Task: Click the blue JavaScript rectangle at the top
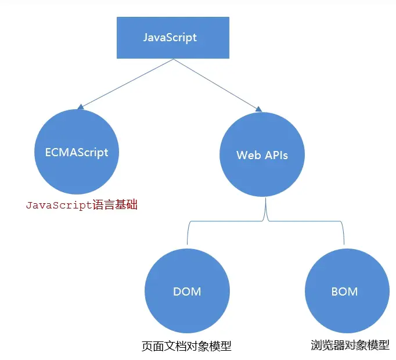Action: point(172,38)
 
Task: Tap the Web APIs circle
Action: point(262,156)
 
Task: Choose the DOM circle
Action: point(186,291)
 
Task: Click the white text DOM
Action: point(186,291)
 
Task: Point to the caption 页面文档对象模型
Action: point(186,346)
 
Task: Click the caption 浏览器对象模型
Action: point(350,345)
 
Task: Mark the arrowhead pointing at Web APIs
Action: point(258,107)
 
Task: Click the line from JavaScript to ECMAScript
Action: point(125,83)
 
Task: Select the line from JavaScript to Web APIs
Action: point(215,83)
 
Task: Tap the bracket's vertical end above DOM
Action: point(188,235)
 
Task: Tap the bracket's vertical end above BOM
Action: point(344,235)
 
